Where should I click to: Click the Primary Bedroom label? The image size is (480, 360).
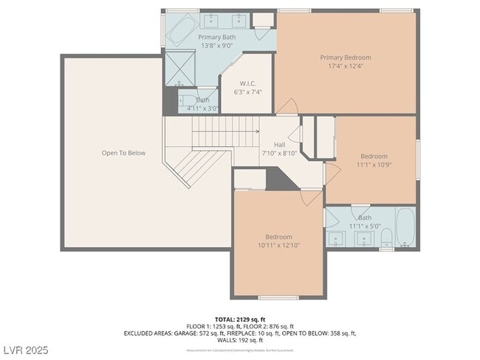[x=345, y=57]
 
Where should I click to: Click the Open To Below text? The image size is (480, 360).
[x=123, y=153]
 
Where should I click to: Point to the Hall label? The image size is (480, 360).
[x=279, y=145]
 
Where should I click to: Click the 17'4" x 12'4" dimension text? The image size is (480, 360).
[x=345, y=66]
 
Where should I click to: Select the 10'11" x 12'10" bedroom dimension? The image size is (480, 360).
[x=278, y=245]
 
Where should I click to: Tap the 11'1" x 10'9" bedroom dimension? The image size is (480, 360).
[x=373, y=165]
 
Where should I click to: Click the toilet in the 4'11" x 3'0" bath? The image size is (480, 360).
[x=185, y=100]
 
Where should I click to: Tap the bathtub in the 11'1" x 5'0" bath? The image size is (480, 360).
[x=405, y=229]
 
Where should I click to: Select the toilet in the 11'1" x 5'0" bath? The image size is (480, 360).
[x=385, y=238]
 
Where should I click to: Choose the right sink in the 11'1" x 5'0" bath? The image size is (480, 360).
[x=364, y=238]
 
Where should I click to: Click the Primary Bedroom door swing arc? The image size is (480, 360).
[x=287, y=106]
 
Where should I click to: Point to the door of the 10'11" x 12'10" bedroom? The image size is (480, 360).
[x=311, y=196]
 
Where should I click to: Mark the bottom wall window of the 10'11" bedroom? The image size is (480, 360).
[x=278, y=297]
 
